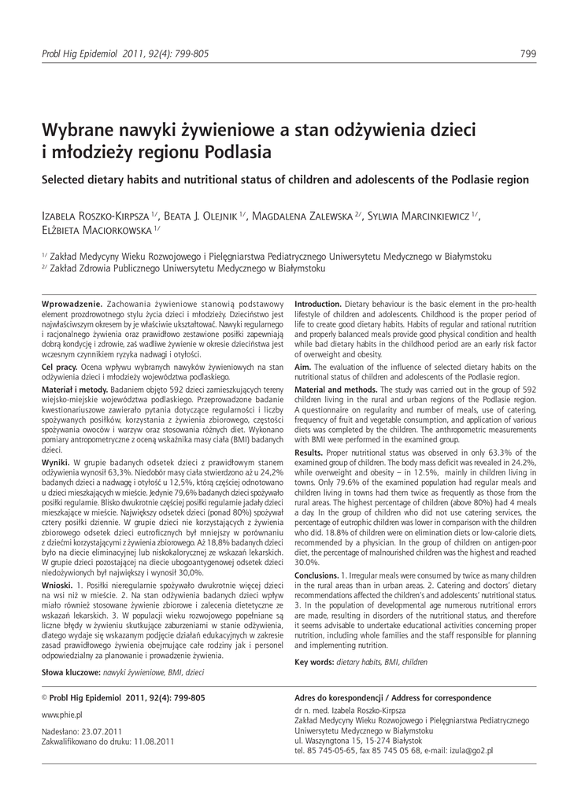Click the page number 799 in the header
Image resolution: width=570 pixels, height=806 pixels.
click(529, 54)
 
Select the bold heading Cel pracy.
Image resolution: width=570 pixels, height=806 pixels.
click(58, 367)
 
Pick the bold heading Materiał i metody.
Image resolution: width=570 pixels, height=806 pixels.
click(72, 388)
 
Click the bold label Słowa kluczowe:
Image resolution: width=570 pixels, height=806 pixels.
click(70, 673)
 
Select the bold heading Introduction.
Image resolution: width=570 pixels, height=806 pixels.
click(318, 304)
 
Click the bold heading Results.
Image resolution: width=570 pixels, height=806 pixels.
click(309, 453)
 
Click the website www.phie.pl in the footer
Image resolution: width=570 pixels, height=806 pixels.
click(61, 715)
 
